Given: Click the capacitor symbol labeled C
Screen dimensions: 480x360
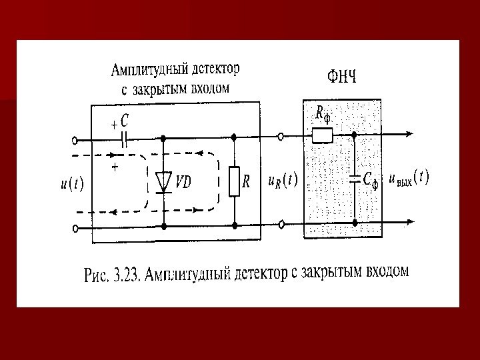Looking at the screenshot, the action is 124,139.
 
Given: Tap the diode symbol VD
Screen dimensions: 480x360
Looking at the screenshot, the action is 163,181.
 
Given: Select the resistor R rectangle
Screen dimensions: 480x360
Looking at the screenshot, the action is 234,181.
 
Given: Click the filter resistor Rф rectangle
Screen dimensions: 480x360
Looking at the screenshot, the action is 322,137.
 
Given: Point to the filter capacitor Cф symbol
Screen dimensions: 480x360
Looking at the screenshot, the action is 354,179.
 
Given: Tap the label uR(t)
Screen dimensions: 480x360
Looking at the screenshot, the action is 282,181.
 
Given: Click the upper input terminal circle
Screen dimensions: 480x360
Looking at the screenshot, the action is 75,140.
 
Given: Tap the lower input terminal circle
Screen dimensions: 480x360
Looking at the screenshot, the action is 75,227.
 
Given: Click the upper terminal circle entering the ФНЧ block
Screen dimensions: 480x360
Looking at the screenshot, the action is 281,137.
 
